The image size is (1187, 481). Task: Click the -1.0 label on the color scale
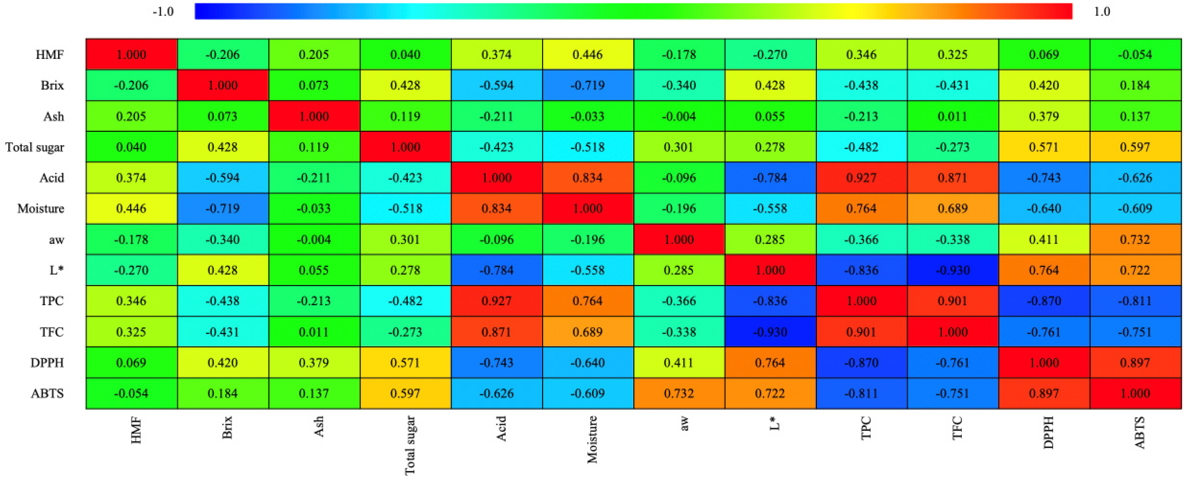click(163, 11)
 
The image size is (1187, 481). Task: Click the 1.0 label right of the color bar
click(1102, 11)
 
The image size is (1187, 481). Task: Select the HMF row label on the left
click(49, 54)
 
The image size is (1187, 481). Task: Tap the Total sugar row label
click(35, 147)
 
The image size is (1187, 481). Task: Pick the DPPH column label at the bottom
click(1048, 432)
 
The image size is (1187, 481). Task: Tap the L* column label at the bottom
click(774, 423)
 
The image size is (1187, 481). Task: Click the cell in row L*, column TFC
click(952, 270)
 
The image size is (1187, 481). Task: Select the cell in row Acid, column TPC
click(861, 178)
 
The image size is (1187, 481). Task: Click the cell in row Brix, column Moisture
click(587, 85)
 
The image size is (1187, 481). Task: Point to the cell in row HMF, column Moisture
click(587, 54)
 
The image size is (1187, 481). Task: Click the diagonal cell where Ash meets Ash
click(314, 116)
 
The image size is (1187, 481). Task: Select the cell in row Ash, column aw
click(679, 116)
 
